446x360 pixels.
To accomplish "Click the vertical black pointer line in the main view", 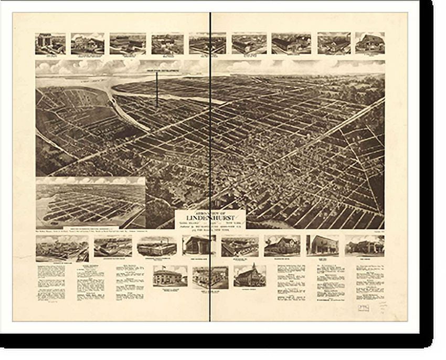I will click(156, 89).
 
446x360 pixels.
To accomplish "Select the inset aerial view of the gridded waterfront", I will click(90, 203).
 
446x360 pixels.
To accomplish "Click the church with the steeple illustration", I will click(249, 276).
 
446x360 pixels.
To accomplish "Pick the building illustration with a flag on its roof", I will click(170, 276).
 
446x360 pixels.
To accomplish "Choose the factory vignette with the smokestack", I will click(156, 246).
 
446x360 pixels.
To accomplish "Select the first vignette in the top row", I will click(50, 44).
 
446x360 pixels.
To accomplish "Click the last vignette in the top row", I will click(370, 43).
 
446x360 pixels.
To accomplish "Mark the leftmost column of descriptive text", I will click(51, 283).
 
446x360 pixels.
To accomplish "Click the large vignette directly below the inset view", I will click(62, 248).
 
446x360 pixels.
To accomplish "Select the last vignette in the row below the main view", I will click(365, 245).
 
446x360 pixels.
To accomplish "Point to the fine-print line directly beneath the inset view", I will click(90, 231).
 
